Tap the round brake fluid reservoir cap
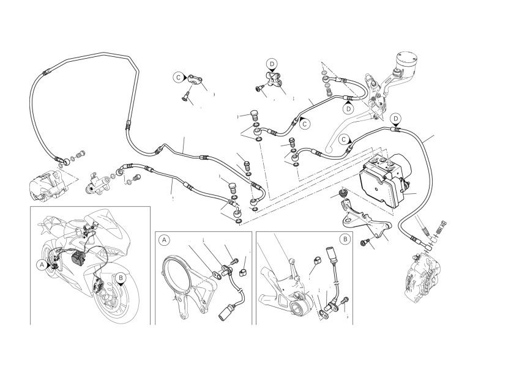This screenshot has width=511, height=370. click(407, 60)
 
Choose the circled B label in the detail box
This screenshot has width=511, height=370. click(346, 239)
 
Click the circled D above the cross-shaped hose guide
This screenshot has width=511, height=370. click(272, 64)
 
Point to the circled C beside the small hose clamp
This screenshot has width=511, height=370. click(178, 77)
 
